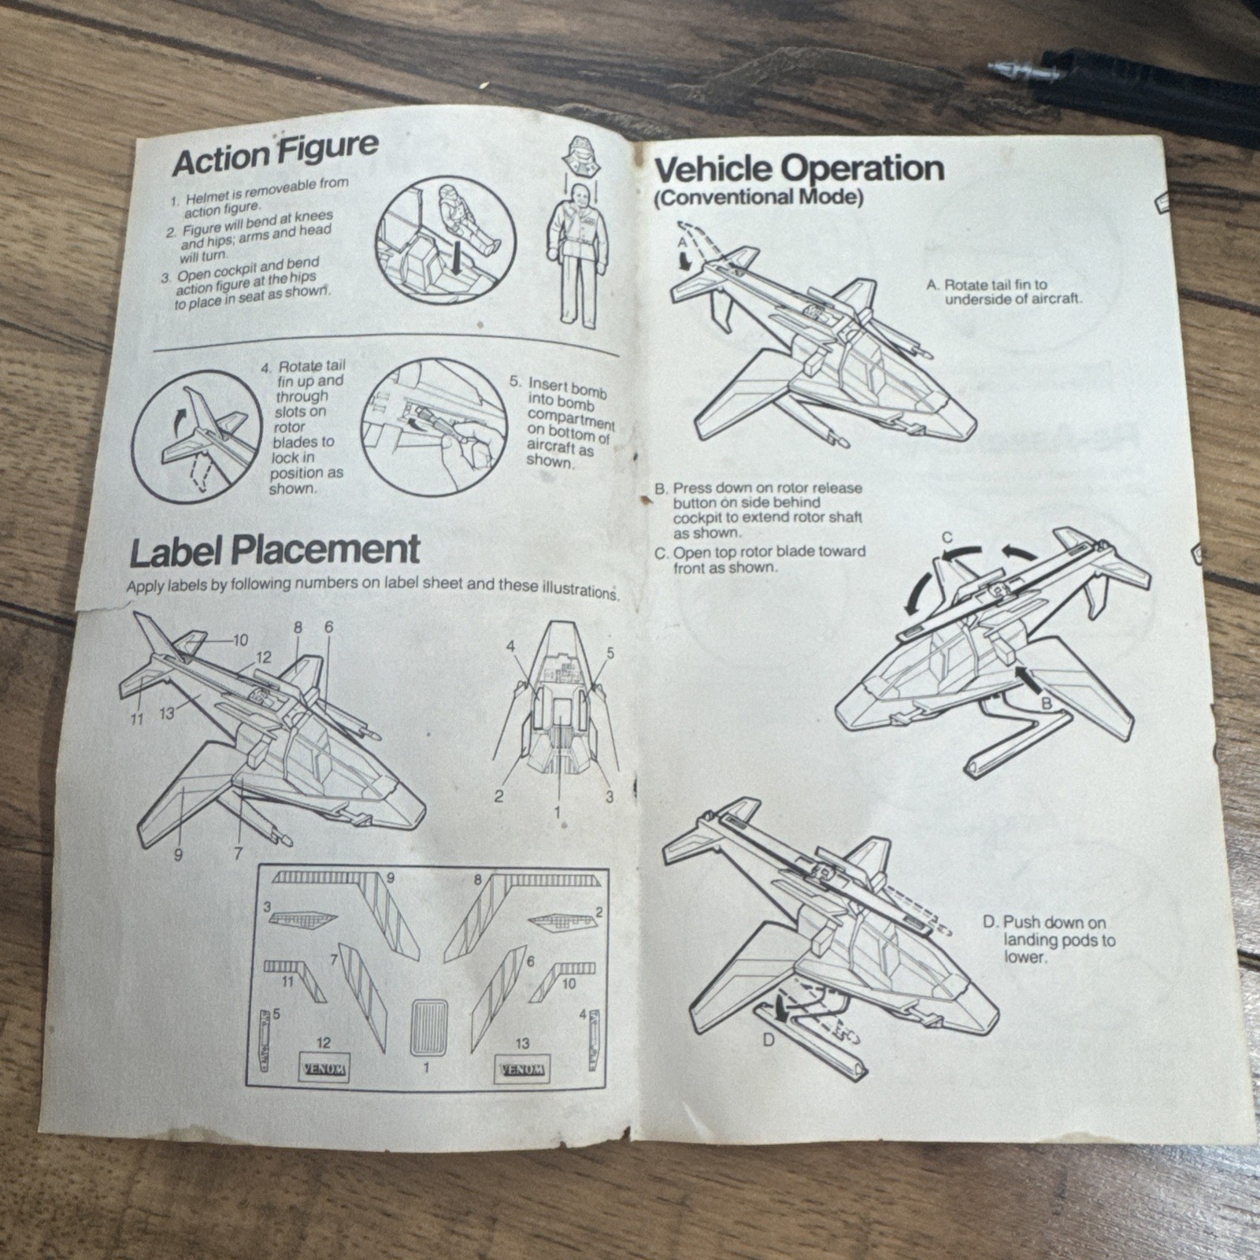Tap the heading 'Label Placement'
click(x=275, y=550)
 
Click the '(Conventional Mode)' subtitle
click(x=758, y=198)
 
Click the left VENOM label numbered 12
click(x=324, y=1069)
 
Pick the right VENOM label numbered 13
click(x=522, y=1069)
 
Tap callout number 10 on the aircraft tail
click(x=240, y=639)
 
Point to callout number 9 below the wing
click(x=178, y=855)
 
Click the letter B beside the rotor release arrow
click(x=1047, y=704)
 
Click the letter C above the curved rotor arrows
click(x=947, y=539)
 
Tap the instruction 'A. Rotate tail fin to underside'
click(x=1005, y=291)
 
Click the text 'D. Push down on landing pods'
click(x=1049, y=939)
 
